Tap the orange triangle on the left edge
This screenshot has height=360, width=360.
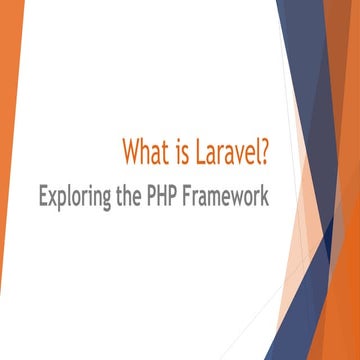[x=10, y=150]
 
